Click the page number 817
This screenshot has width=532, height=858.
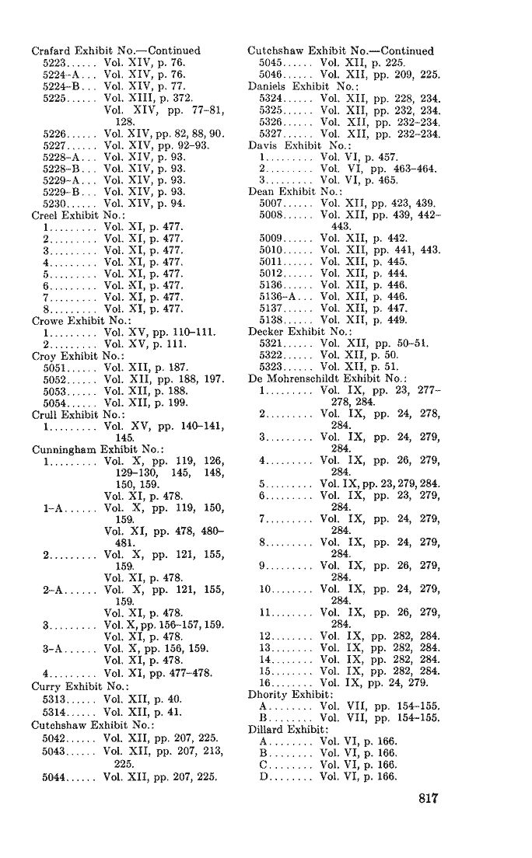[x=429, y=799]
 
